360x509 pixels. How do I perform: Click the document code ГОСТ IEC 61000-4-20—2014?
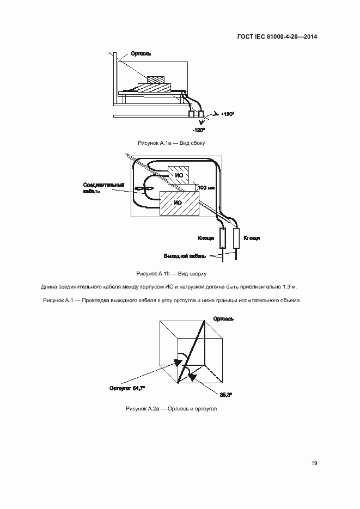pyautogui.click(x=277, y=37)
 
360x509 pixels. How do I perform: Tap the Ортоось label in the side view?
pyautogui.click(x=141, y=54)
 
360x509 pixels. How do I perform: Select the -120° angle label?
pyautogui.click(x=199, y=130)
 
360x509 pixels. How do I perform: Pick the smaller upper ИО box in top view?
pyautogui.click(x=178, y=175)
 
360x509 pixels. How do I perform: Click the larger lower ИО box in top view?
pyautogui.click(x=178, y=203)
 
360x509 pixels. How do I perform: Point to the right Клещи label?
pyautogui.click(x=252, y=238)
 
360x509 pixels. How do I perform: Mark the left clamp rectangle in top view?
pyautogui.click(x=223, y=238)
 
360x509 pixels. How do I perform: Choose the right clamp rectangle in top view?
pyautogui.click(x=236, y=238)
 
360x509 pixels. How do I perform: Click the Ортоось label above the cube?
pyautogui.click(x=223, y=318)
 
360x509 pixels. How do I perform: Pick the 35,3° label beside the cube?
pyautogui.click(x=226, y=394)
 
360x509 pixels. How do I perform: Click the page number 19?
pyautogui.click(x=314, y=463)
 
